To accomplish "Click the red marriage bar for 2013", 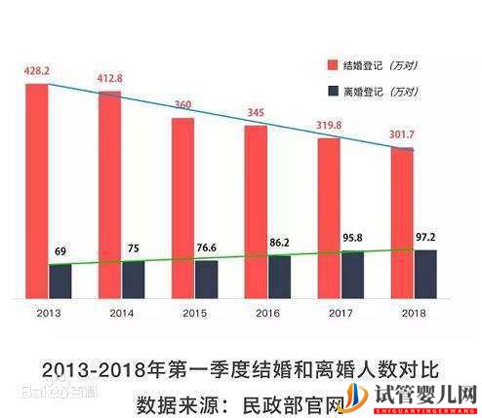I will [x=36, y=190].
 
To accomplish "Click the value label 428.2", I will [x=36, y=72].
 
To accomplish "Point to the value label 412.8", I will [x=110, y=80].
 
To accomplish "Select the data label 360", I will [x=182, y=105].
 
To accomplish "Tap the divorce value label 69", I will [x=60, y=251].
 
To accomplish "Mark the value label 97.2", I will [x=425, y=237].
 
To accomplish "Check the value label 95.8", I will [x=352, y=237].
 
